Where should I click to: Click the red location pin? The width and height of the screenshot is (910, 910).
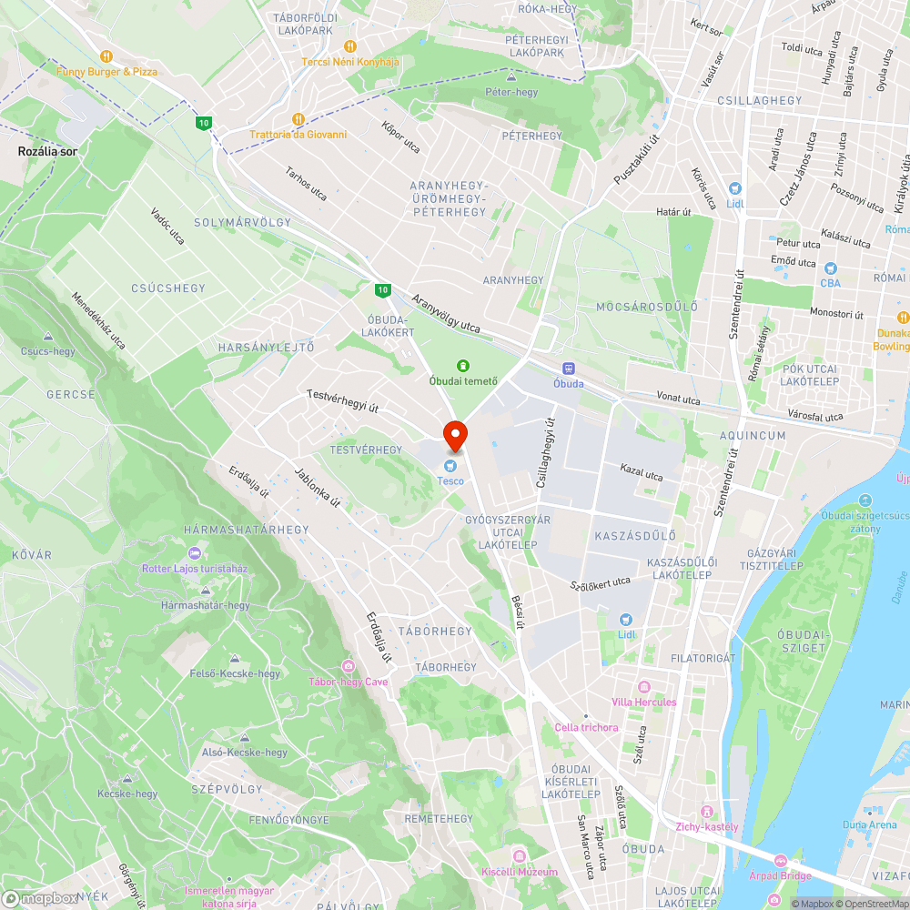pyautogui.click(x=455, y=436)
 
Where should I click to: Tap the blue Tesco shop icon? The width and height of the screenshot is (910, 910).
pyautogui.click(x=450, y=466)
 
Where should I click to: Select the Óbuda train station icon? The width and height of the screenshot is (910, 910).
pyautogui.click(x=569, y=369)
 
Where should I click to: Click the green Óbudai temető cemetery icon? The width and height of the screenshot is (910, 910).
pyautogui.click(x=463, y=365)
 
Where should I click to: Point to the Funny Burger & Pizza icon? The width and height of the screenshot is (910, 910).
pyautogui.click(x=106, y=56)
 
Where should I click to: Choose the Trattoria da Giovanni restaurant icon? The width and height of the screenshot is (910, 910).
pyautogui.click(x=298, y=119)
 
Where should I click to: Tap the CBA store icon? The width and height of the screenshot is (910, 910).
pyautogui.click(x=829, y=268)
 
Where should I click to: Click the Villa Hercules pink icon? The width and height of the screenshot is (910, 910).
pyautogui.click(x=644, y=687)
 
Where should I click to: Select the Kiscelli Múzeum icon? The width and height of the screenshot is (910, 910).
pyautogui.click(x=520, y=856)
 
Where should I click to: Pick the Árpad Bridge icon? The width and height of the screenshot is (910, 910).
pyautogui.click(x=780, y=860)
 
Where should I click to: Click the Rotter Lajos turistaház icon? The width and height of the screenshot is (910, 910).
pyautogui.click(x=194, y=553)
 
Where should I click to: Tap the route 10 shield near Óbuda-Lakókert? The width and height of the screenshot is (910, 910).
pyautogui.click(x=382, y=290)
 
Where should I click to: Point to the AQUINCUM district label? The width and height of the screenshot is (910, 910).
pyautogui.click(x=753, y=436)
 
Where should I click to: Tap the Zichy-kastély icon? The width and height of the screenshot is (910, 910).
pyautogui.click(x=705, y=812)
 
